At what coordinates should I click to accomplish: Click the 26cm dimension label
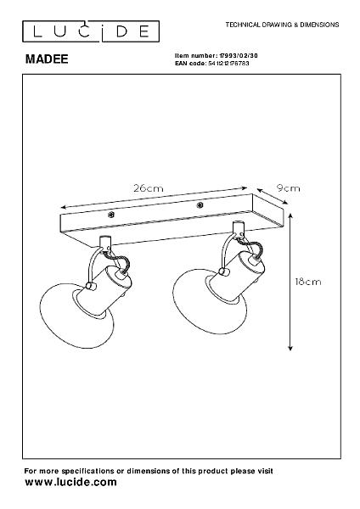pyautogui.click(x=148, y=188)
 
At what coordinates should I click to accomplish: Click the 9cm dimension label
pyautogui.click(x=288, y=188)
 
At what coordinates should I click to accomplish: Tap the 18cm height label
pyautogui.click(x=308, y=282)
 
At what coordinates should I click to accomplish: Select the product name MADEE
pyautogui.click(x=47, y=59)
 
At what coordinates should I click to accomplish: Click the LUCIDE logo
pyautogui.click(x=91, y=31)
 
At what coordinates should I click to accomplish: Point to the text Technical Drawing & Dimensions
pyautogui.click(x=282, y=25)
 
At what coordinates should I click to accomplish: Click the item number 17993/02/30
pyautogui.click(x=239, y=56)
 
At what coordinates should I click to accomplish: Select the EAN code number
pyautogui.click(x=228, y=64)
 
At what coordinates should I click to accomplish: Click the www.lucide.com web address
pyautogui.click(x=70, y=482)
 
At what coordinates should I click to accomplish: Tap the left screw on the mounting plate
pyautogui.click(x=111, y=215)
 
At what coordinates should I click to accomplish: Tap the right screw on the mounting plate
pyautogui.click(x=200, y=205)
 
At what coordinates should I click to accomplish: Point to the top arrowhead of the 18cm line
pyautogui.click(x=290, y=215)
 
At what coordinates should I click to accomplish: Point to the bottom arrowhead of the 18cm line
pyautogui.click(x=290, y=348)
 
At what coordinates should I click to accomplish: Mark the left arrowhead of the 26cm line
pyautogui.click(x=64, y=207)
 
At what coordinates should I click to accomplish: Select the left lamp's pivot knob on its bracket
pyautogui.click(x=90, y=287)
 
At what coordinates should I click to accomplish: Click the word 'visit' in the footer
pyautogui.click(x=264, y=471)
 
